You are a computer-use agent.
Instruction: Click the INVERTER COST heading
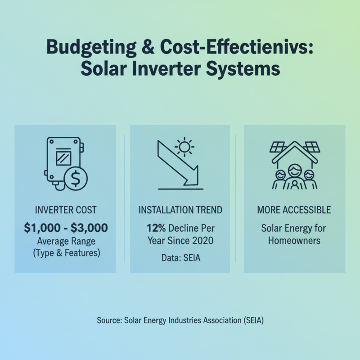66,210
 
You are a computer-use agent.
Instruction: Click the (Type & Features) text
66,253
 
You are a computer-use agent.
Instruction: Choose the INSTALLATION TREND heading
180,210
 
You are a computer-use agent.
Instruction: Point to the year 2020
203,240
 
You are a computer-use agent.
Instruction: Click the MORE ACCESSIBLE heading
294,210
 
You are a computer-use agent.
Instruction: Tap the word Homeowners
294,240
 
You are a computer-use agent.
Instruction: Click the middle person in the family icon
294,177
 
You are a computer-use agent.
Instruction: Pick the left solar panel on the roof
277,147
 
